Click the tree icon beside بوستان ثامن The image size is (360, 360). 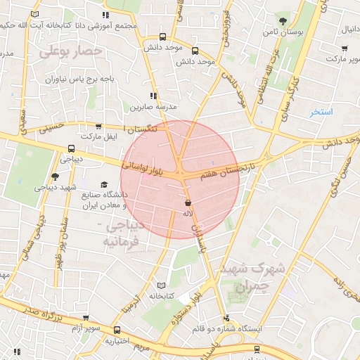tap(283, 20)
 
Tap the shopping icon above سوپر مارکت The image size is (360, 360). tap(345, 48)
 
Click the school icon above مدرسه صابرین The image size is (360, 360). tap(153, 96)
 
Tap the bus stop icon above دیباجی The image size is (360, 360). tap(71, 148)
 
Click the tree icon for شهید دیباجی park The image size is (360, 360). tap(56, 176)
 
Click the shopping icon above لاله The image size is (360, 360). tap(188, 202)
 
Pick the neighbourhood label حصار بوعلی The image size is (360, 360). tap(71, 51)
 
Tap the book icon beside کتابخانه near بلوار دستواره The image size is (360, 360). tap(163, 285)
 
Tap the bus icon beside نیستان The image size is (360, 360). tap(256, 348)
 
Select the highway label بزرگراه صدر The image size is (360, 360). tap(41, 314)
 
